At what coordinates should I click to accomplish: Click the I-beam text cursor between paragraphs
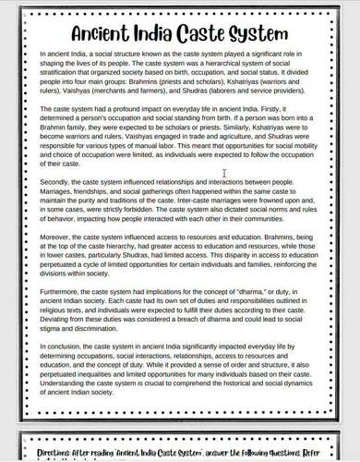click(224, 173)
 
